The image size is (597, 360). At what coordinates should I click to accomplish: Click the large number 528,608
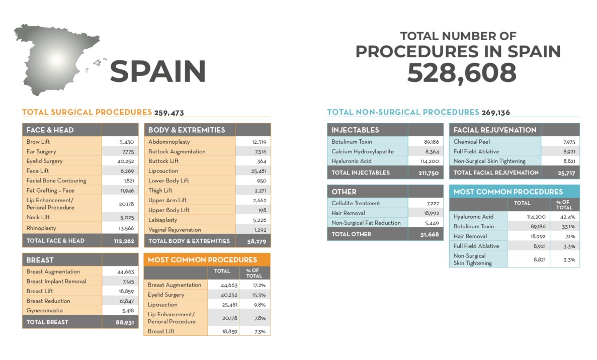click(461, 73)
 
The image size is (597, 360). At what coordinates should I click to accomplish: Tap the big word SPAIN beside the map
click(157, 71)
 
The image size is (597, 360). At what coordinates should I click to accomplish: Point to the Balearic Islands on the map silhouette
click(97, 64)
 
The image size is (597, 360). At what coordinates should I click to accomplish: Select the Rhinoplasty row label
click(41, 228)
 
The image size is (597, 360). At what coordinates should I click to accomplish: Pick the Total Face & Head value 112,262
click(124, 241)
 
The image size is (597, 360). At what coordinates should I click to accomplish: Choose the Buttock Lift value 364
click(261, 161)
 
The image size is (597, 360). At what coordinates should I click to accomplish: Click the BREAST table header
click(40, 260)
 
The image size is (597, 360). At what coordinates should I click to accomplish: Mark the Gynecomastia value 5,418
click(125, 311)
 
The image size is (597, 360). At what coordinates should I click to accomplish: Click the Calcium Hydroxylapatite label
click(362, 151)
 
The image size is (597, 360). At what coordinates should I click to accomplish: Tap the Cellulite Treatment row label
click(356, 203)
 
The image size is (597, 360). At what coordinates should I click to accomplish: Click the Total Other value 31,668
click(429, 234)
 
